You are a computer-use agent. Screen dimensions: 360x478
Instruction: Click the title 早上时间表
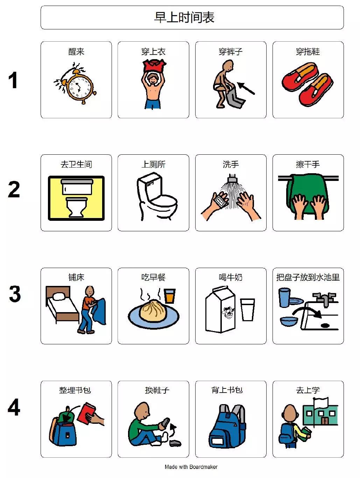pos(184,17)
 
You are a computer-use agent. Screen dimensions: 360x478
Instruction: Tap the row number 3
pos(15,294)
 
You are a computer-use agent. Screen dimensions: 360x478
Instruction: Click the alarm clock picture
pos(76,83)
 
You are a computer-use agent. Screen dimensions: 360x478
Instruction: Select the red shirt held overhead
pos(154,66)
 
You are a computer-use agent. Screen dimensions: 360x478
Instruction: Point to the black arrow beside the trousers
pos(246,88)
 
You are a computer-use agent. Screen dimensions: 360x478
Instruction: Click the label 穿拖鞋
pos(308,51)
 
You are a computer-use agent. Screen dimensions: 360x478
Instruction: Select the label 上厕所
pos(154,164)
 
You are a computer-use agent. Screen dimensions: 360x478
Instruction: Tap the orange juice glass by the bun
pos(170,296)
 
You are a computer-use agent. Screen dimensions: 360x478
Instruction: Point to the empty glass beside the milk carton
pos(247,309)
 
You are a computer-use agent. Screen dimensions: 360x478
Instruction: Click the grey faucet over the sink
pos(324,299)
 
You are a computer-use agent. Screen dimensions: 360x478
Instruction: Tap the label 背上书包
pos(227,390)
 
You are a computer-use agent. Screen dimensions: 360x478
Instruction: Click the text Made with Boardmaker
pos(191,467)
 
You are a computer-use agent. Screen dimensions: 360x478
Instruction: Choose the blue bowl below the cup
pos(289,321)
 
